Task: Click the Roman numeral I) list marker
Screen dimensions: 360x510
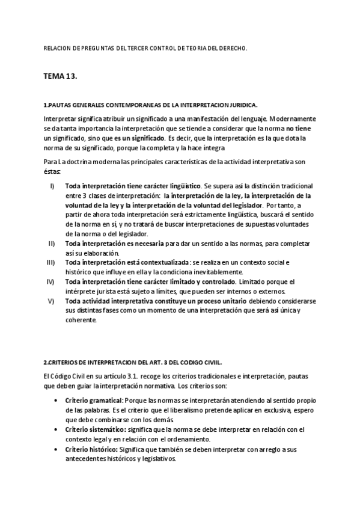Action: click(x=52, y=186)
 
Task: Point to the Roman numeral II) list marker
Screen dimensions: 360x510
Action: click(x=52, y=243)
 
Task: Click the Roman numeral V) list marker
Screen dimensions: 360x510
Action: click(x=52, y=300)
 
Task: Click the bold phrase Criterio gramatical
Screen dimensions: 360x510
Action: click(x=94, y=400)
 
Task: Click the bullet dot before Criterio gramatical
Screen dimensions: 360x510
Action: click(x=56, y=400)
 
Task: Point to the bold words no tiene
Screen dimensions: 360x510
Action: click(x=299, y=129)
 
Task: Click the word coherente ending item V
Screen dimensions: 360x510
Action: click(x=81, y=319)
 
